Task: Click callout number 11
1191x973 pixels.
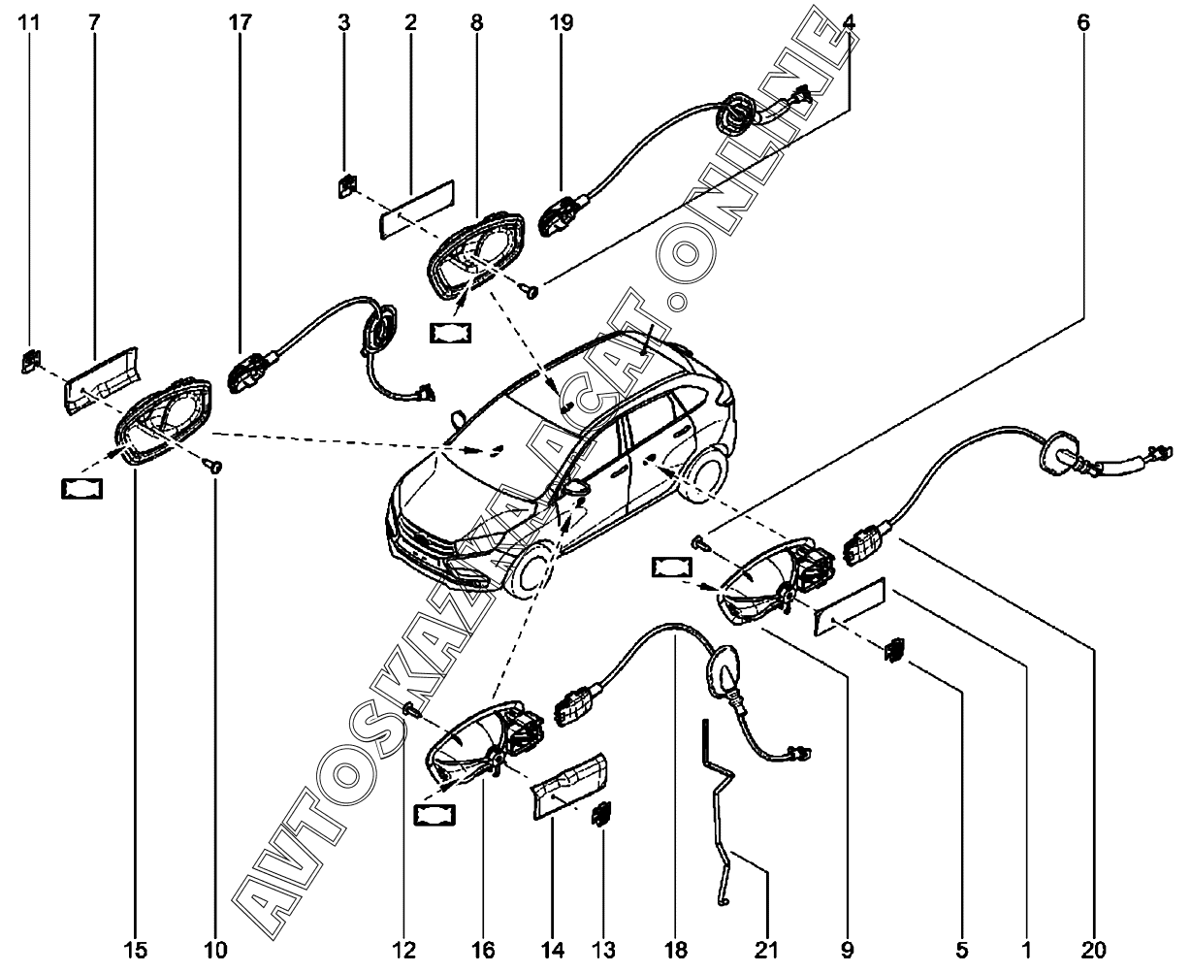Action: click(x=29, y=23)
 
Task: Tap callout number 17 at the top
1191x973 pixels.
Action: click(x=240, y=23)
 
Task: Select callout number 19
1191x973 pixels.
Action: click(x=562, y=23)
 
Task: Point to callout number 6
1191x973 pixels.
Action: click(x=1083, y=23)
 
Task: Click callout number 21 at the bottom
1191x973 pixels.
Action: click(x=766, y=951)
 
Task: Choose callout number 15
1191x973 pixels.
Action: click(x=135, y=951)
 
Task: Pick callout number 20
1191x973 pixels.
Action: click(x=1094, y=951)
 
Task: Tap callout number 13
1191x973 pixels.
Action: click(x=602, y=951)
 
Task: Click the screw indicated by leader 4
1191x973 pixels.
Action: click(x=530, y=291)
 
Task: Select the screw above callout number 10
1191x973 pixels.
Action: click(x=213, y=466)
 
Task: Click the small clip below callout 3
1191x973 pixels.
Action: click(x=347, y=186)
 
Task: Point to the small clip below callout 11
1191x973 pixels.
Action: click(x=31, y=362)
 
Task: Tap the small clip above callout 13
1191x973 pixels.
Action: click(x=601, y=813)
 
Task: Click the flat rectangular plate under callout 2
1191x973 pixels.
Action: click(x=417, y=211)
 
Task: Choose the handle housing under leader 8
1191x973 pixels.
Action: click(x=475, y=260)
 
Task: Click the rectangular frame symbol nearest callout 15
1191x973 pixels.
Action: click(x=81, y=489)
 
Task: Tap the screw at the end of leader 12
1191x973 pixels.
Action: click(x=413, y=710)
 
